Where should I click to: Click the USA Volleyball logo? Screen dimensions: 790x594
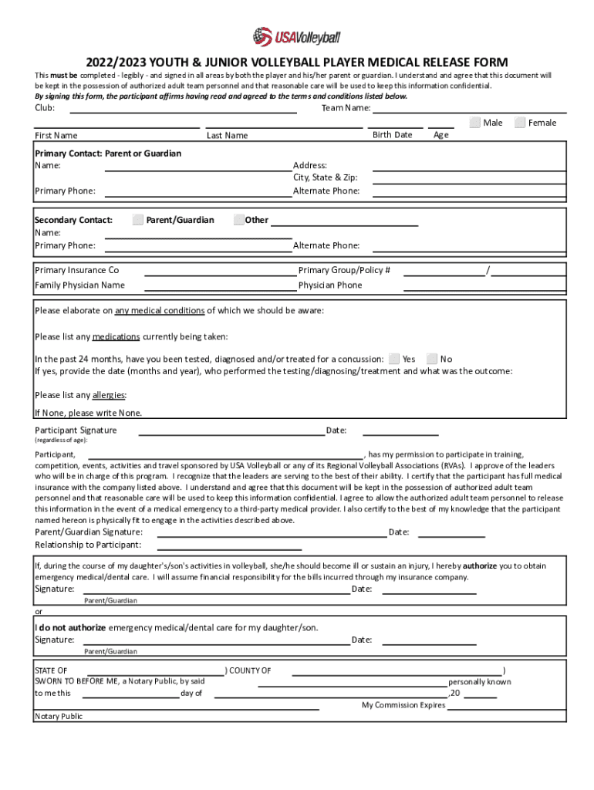(x=296, y=35)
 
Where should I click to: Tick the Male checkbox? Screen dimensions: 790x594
(x=475, y=123)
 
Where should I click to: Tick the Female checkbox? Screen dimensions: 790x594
(x=520, y=123)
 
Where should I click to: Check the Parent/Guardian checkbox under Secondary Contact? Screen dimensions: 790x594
(x=138, y=220)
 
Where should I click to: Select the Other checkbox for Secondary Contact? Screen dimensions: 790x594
(x=238, y=220)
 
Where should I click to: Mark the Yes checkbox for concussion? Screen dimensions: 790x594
(x=394, y=359)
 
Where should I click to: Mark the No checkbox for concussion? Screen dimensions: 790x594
(x=432, y=359)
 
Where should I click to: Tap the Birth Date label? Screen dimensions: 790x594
(x=392, y=135)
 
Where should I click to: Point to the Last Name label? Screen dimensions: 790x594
(x=228, y=136)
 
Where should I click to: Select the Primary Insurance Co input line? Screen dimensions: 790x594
(x=220, y=274)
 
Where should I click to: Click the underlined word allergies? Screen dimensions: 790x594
(x=109, y=395)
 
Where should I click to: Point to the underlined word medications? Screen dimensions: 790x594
(x=116, y=336)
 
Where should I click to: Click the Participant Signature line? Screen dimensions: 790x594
(x=231, y=434)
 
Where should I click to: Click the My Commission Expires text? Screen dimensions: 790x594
(x=403, y=705)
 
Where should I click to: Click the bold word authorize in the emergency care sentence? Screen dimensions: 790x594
(x=485, y=565)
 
